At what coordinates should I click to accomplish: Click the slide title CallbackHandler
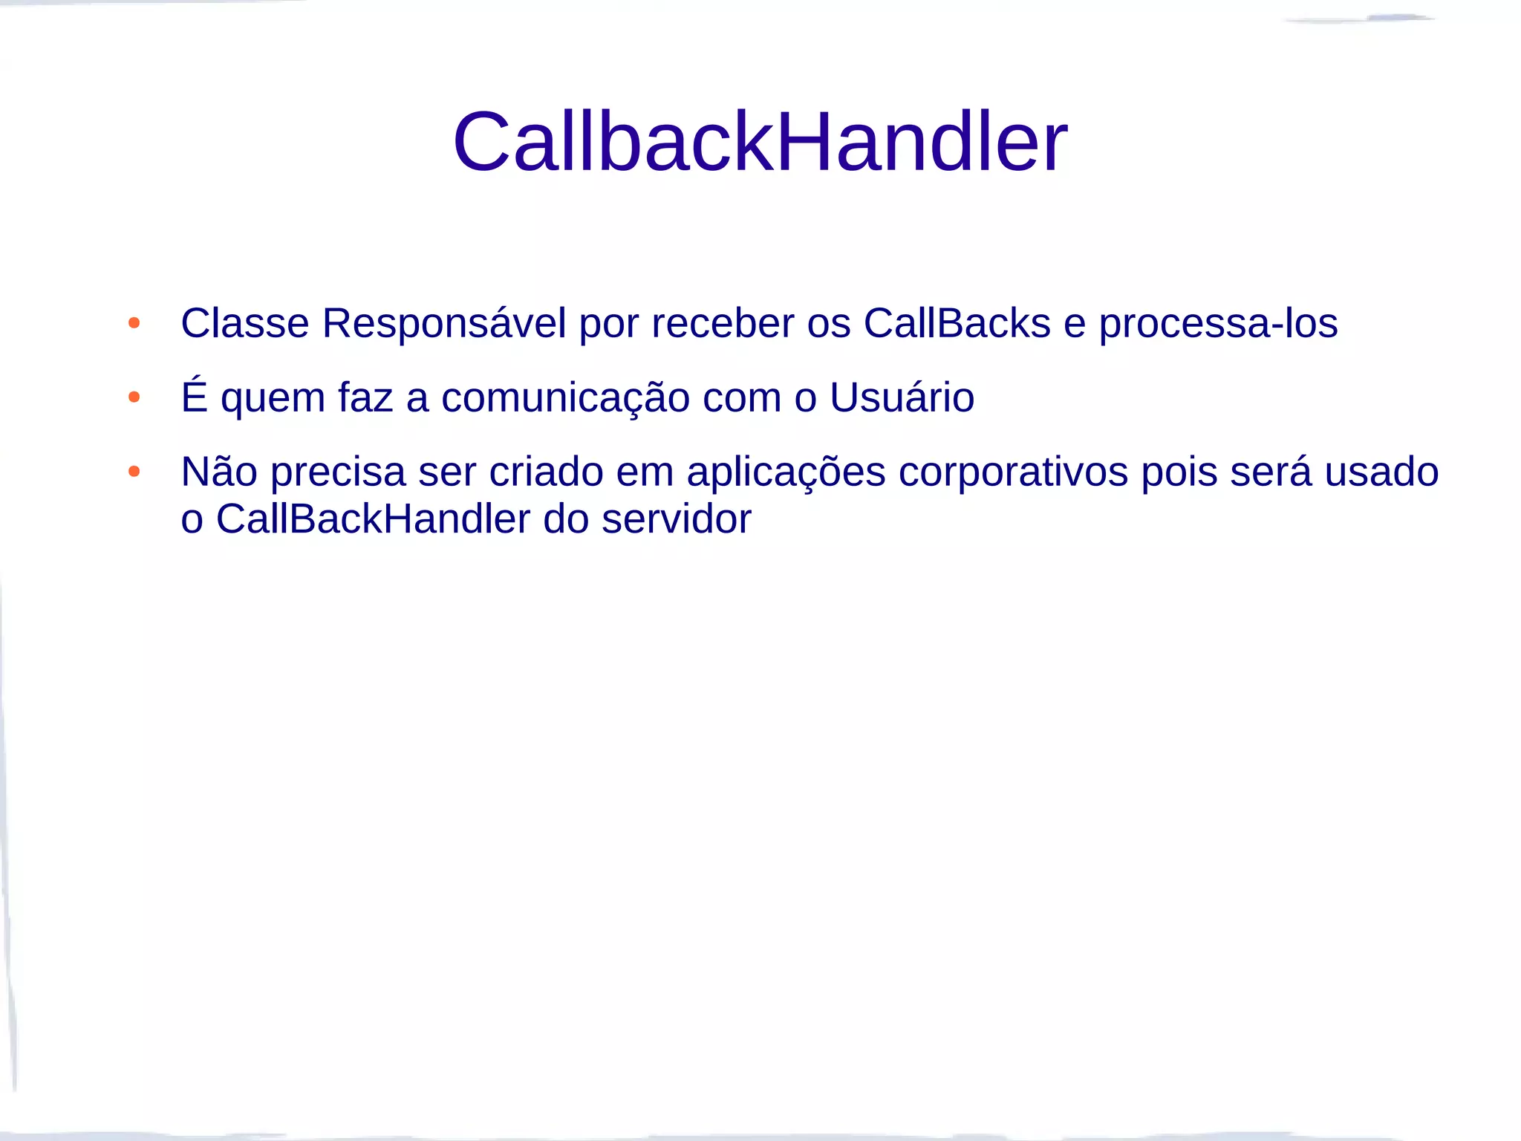coord(760,141)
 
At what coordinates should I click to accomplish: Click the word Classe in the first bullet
coord(245,323)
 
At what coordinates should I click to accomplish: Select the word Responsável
coord(443,323)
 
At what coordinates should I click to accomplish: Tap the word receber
coord(723,323)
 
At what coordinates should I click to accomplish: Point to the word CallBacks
coord(957,323)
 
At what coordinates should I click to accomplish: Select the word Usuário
coord(902,397)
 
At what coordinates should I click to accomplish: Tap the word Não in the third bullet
coord(219,471)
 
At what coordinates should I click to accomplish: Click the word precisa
coord(338,472)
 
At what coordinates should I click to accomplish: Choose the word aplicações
coord(786,472)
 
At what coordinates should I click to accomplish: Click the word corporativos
coord(1013,472)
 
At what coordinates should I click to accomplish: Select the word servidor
coord(676,519)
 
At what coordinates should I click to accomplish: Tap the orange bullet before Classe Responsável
coord(134,323)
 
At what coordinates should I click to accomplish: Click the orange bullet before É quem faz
coord(134,397)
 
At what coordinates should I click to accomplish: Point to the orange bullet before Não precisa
coord(134,472)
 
